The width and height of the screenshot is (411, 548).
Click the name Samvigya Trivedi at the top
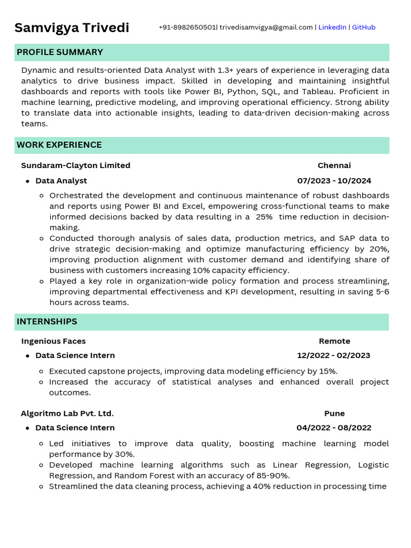[72, 28]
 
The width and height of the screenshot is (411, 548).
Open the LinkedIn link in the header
[332, 27]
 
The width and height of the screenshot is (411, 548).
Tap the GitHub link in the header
[363, 27]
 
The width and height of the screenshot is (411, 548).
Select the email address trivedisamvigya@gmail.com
[266, 27]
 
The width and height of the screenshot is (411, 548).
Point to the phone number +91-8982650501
[187, 27]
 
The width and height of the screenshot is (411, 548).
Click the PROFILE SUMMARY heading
[59, 52]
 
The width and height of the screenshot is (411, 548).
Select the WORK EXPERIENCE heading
[59, 145]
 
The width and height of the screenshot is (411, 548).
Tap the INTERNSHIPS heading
[47, 322]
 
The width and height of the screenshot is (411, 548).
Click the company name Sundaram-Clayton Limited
[75, 165]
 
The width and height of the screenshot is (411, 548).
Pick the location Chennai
[334, 165]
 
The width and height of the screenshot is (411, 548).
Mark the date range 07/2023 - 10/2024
[334, 181]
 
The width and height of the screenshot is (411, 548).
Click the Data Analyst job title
[61, 181]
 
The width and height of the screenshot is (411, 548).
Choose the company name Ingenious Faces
[53, 341]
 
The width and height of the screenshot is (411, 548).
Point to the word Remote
[334, 341]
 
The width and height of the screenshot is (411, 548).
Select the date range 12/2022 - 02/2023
[333, 355]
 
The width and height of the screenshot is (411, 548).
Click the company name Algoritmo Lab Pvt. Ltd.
[67, 414]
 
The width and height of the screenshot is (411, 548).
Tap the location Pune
[334, 414]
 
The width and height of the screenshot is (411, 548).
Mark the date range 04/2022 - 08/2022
[333, 428]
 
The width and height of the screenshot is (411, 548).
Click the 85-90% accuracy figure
[272, 476]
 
